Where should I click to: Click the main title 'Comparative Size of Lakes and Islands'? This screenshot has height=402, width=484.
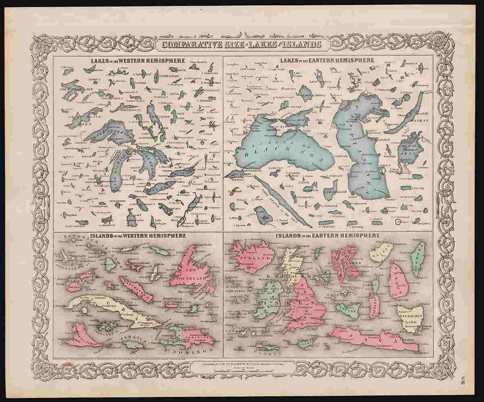point(242,45)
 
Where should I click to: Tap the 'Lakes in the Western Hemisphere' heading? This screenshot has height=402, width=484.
point(137,60)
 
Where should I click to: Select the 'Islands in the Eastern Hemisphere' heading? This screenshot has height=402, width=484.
point(328,236)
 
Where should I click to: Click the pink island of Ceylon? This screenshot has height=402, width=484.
point(399,279)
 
